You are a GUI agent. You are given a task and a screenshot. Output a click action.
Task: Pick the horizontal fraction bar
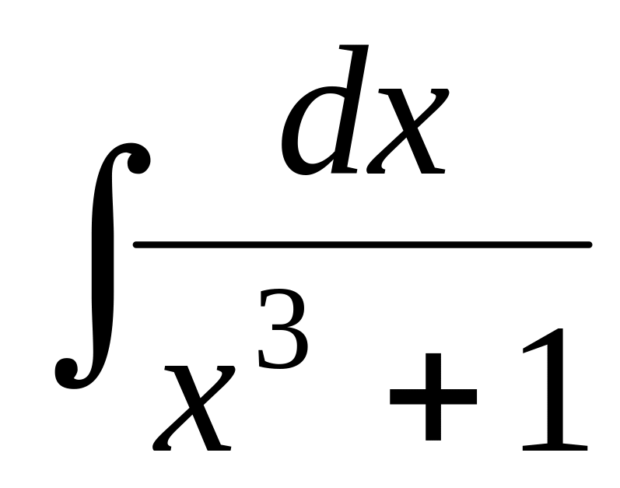click(362, 245)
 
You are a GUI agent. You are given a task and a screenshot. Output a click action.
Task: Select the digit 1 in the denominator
click(554, 389)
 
